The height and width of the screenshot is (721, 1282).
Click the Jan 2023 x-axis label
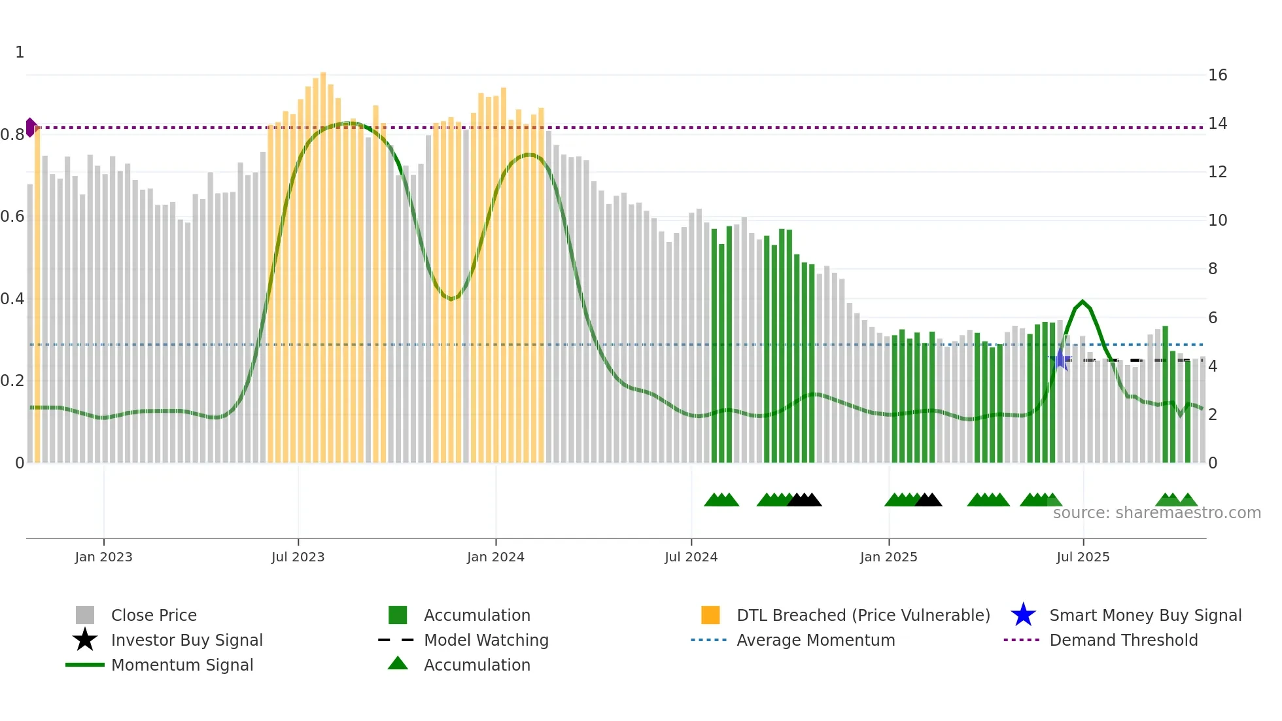(103, 557)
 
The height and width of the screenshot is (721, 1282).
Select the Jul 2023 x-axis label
(298, 557)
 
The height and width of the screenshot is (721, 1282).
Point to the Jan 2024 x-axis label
(495, 557)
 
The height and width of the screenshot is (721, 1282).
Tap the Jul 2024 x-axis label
(691, 557)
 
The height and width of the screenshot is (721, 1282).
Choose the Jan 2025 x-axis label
(888, 557)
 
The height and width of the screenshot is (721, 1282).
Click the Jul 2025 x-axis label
(1083, 557)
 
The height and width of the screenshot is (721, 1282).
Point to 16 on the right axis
(1217, 75)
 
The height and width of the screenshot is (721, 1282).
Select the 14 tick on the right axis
(1217, 124)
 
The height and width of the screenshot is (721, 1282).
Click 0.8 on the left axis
(12, 135)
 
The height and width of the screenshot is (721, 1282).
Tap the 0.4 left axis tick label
(12, 299)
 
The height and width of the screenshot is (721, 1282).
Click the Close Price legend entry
(154, 616)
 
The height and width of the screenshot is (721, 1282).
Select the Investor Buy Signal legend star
(85, 640)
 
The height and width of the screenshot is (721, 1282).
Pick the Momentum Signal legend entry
(182, 665)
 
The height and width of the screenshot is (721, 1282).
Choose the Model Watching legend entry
(486, 641)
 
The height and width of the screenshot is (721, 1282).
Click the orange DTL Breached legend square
(710, 615)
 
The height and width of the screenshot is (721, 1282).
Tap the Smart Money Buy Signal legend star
(1023, 615)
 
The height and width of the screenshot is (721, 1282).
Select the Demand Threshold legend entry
(1123, 641)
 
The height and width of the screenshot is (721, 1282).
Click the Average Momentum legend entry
(816, 641)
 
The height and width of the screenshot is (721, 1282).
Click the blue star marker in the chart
(1060, 359)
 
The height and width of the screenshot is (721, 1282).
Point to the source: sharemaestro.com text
(1156, 513)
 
